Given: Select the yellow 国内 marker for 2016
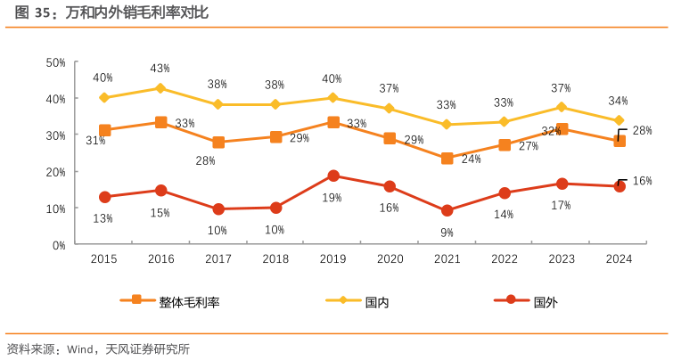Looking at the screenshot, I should coord(160,88).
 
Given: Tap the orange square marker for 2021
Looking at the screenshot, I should coord(447,158).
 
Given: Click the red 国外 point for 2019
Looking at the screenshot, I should coord(333,176).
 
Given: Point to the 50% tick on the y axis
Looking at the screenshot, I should coord(56,62).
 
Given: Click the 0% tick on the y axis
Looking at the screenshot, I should coord(59,244).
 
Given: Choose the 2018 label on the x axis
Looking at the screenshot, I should coord(275,258).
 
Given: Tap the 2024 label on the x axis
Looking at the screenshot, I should coord(619,258).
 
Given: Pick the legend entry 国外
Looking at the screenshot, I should coord(545,302).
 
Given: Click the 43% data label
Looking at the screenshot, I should coord(160,69).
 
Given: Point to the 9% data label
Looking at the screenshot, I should coord(447,232).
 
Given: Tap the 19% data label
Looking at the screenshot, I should coord(332,198).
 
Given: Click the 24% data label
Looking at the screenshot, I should coord(472,160).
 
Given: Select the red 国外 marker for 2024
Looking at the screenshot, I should coord(619,186).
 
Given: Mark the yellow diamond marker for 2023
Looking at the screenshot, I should coord(562,107).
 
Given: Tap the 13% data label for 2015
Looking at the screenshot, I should coord(103,218).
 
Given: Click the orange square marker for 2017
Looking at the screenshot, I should coord(218,143).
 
